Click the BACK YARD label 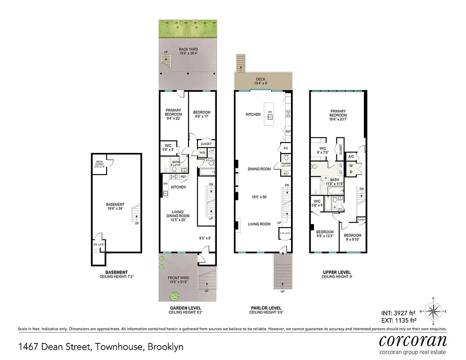click(x=188, y=49)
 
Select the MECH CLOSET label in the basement click(x=99, y=163)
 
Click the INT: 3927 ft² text click(x=399, y=314)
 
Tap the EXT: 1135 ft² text click(x=399, y=320)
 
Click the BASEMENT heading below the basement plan click(x=116, y=272)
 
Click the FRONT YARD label click(x=178, y=278)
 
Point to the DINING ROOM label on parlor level click(x=259, y=169)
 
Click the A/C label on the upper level click(x=351, y=157)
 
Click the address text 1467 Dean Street click(x=100, y=347)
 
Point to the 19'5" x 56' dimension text click(x=259, y=197)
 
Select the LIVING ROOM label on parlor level click(x=259, y=224)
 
